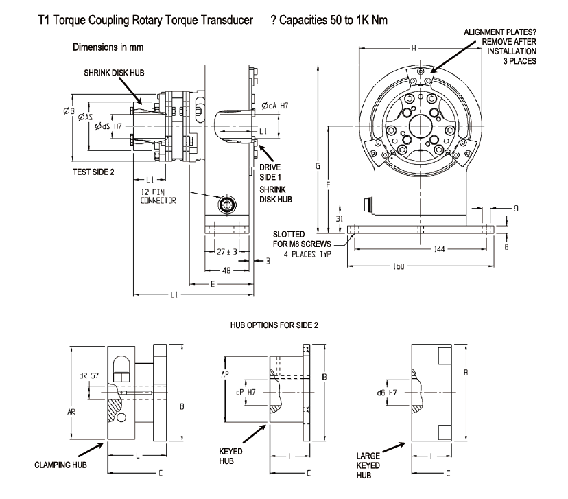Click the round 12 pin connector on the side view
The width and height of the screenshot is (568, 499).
(x=227, y=205)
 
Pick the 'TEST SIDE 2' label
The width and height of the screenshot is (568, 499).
(x=93, y=172)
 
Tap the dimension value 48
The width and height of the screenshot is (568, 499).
(x=227, y=270)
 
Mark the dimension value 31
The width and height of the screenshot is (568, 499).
(x=340, y=218)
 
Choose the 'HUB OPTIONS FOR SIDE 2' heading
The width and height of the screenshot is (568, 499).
(x=276, y=323)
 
